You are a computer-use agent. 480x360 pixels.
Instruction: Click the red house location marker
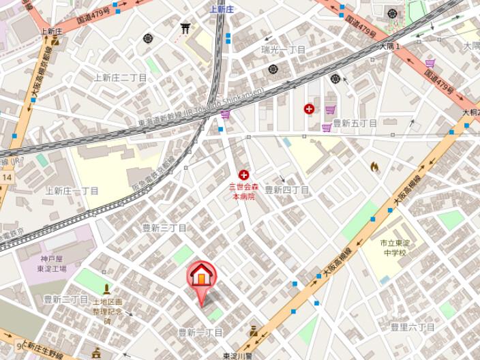click(201, 275)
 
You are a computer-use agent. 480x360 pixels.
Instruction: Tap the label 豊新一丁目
click(200, 332)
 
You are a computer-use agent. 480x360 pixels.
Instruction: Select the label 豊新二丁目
click(66, 299)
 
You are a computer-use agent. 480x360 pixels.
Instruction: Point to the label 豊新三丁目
click(164, 227)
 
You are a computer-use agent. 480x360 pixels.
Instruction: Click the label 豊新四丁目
click(286, 190)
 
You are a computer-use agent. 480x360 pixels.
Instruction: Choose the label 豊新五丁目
click(355, 123)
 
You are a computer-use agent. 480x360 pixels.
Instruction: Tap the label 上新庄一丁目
click(72, 191)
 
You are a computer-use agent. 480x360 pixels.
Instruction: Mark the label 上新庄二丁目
click(120, 78)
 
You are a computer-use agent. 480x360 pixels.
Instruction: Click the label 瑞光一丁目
click(283, 50)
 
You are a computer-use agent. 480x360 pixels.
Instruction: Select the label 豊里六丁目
click(412, 327)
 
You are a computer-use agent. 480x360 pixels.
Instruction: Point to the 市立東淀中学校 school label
click(393, 247)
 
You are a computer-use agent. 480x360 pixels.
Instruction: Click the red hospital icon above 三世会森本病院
click(243, 175)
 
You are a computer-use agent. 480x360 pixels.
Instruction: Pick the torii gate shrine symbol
click(185, 28)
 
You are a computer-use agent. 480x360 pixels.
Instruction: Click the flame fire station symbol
click(374, 166)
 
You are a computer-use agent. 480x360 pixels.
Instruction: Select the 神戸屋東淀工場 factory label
click(52, 263)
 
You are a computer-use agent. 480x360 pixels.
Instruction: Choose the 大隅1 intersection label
click(389, 46)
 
